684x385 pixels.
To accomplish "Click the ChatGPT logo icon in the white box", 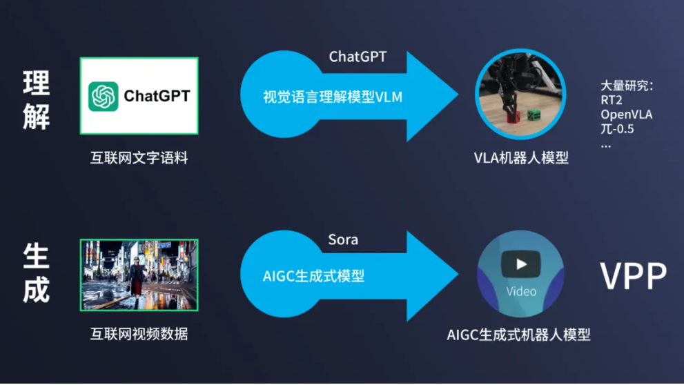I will coord(104,96).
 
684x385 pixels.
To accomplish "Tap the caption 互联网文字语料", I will coord(139,158).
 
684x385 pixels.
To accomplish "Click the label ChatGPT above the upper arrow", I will coord(357,57).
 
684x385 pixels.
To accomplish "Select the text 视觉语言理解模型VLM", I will coord(332,97).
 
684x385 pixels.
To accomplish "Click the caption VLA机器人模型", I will coord(521,158).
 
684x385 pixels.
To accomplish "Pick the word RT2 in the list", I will coord(612,100).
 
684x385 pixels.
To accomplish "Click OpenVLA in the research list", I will coord(626,115).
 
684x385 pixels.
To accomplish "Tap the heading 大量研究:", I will coord(626,86).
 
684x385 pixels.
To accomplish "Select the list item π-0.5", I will coord(617,130).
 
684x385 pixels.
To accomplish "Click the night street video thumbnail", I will coord(139,274).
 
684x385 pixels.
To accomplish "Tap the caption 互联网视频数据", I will coord(139,335).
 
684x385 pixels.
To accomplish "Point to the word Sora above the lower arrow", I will coord(343,240).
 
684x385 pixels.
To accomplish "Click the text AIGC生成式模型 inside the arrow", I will coord(313,276).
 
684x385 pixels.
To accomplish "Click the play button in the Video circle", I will coord(521,264).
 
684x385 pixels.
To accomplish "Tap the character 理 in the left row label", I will coord(36,83).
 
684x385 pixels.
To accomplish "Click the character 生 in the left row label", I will coord(36,256).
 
